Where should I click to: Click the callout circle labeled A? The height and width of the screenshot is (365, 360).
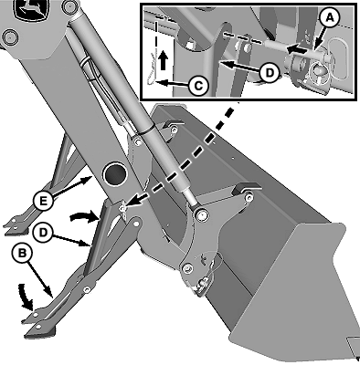tap(329, 18)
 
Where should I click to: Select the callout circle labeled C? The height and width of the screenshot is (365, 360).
tap(198, 86)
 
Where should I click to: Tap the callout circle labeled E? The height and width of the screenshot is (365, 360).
tap(44, 202)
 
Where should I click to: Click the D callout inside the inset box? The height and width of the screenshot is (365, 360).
tap(270, 72)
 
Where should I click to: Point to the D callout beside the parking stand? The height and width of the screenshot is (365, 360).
tap(43, 233)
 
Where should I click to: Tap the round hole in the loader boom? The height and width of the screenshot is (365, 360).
tap(115, 174)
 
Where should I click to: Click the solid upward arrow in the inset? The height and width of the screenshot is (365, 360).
tap(164, 60)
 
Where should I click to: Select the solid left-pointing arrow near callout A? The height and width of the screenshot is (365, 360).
tap(298, 49)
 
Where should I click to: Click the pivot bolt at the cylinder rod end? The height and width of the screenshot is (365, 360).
tap(201, 215)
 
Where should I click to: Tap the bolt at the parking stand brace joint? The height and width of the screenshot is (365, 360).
tap(87, 289)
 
